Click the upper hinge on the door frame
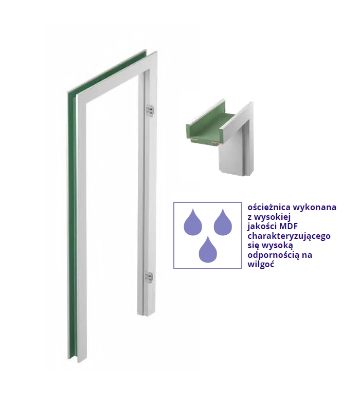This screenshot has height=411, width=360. (150, 110)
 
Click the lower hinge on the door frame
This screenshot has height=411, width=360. (149, 277)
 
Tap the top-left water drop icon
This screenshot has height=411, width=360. (193, 222)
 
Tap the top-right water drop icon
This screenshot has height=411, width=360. (223, 222)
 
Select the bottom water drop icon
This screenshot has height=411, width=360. (208, 249)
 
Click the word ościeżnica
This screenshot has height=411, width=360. (269, 208)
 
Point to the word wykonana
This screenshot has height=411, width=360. (315, 208)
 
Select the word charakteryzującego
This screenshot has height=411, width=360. (289, 236)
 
